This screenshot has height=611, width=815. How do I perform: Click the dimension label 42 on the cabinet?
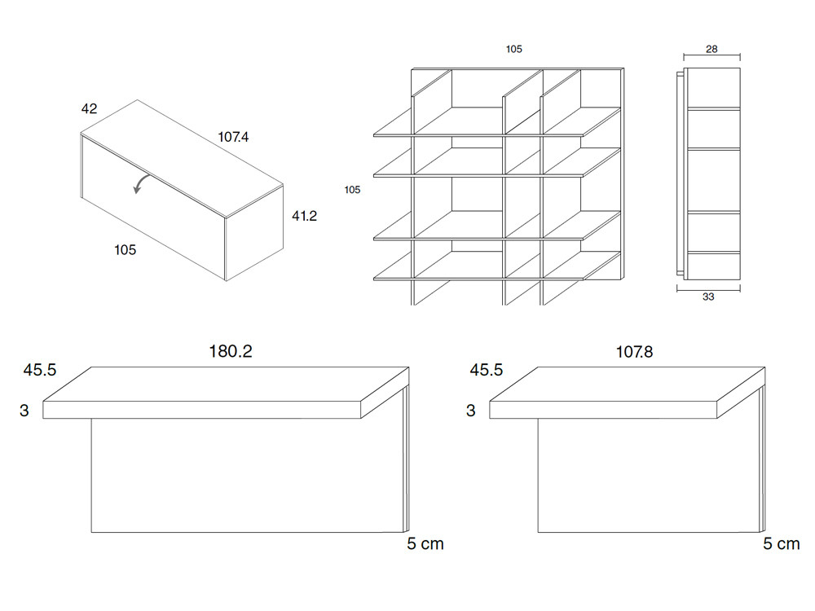(x=90, y=108)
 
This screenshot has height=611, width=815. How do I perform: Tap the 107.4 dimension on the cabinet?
(x=233, y=137)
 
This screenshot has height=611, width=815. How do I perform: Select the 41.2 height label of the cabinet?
(x=304, y=216)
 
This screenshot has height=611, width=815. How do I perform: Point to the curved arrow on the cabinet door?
(x=141, y=183)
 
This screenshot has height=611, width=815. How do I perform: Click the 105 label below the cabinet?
(x=125, y=250)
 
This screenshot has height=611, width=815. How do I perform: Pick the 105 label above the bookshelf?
(x=513, y=49)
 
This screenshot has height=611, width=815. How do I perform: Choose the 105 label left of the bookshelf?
(x=352, y=190)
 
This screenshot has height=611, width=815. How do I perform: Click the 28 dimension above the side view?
(x=711, y=49)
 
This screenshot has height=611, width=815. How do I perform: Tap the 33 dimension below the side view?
(x=708, y=297)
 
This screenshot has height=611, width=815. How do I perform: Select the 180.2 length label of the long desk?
(x=231, y=352)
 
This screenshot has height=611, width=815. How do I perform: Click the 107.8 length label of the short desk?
(x=634, y=352)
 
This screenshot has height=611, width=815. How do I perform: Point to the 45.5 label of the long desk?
(x=39, y=370)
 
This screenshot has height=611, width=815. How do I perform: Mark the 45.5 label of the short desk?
(x=486, y=370)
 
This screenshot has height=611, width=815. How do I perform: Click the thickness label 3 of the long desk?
(x=24, y=411)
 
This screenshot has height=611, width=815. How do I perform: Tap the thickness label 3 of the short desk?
(x=470, y=411)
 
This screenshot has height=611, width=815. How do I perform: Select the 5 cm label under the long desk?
(x=425, y=544)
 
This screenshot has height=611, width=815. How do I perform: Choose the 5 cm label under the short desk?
(x=782, y=544)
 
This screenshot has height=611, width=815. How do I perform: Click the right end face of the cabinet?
(x=254, y=232)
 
